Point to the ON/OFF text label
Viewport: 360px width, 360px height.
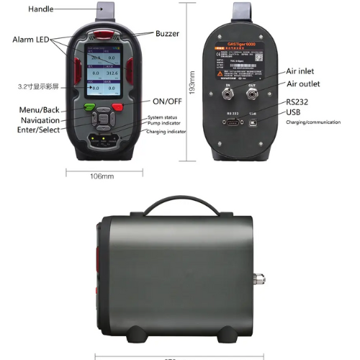click(x=166, y=101)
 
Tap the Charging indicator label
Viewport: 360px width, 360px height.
click(x=167, y=132)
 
